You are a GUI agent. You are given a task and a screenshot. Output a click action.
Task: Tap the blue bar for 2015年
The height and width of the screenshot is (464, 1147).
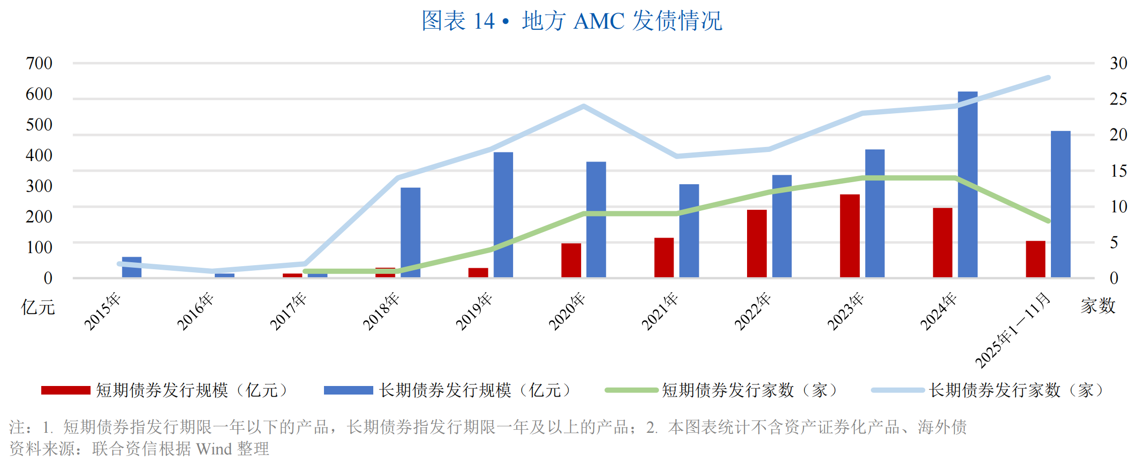[132, 267]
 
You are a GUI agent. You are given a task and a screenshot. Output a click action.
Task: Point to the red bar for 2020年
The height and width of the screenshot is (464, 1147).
[571, 260]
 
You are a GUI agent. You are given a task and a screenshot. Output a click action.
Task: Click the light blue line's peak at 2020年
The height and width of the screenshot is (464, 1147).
[584, 106]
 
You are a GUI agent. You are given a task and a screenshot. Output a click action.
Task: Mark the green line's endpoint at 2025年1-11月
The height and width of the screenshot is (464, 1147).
[1048, 221]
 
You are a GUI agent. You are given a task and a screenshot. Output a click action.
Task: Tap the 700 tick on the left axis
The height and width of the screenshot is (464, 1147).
[39, 63]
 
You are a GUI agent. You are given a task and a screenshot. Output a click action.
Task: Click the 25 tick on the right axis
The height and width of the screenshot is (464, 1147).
[1118, 99]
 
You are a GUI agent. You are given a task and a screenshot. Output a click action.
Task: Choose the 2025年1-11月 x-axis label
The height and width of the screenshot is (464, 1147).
[1013, 330]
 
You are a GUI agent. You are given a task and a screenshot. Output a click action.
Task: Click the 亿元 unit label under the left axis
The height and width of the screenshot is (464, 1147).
[38, 306]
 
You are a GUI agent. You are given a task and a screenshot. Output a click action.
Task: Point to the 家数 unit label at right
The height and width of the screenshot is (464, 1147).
[1098, 305]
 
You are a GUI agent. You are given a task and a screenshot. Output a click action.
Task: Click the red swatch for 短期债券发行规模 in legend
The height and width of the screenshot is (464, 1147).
[65, 390]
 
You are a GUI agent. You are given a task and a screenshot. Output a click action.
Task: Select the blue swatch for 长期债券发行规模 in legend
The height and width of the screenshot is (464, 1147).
[348, 390]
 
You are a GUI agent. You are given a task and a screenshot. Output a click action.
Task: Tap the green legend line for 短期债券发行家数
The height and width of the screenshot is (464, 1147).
[631, 390]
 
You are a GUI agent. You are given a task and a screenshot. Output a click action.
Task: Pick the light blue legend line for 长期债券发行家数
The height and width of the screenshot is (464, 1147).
[898, 390]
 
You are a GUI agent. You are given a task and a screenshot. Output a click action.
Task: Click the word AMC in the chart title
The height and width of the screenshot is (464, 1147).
[599, 21]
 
